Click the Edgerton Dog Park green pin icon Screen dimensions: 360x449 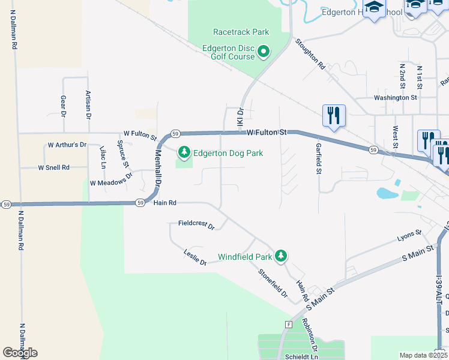pyautogui.click(x=184, y=154)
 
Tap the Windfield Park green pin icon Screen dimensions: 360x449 pyautogui.click(x=280, y=256)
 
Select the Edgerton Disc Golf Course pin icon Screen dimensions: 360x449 pyautogui.click(x=264, y=52)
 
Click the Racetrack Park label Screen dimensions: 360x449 pyautogui.click(x=241, y=32)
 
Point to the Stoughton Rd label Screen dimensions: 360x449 pyautogui.click(x=310, y=55)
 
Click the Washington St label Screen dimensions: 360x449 pyautogui.click(x=395, y=97)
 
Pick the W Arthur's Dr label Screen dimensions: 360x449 pyautogui.click(x=67, y=145)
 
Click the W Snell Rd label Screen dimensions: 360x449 pyautogui.click(x=54, y=167)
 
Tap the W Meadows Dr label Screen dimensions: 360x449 pyautogui.click(x=110, y=182)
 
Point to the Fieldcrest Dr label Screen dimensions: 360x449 pyautogui.click(x=196, y=225)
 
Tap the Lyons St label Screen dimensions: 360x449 pyautogui.click(x=409, y=236)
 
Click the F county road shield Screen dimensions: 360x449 pyautogui.click(x=289, y=324)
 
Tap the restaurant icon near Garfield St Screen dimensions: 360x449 pyautogui.click(x=334, y=115)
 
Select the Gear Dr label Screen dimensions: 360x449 pyautogui.click(x=63, y=105)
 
